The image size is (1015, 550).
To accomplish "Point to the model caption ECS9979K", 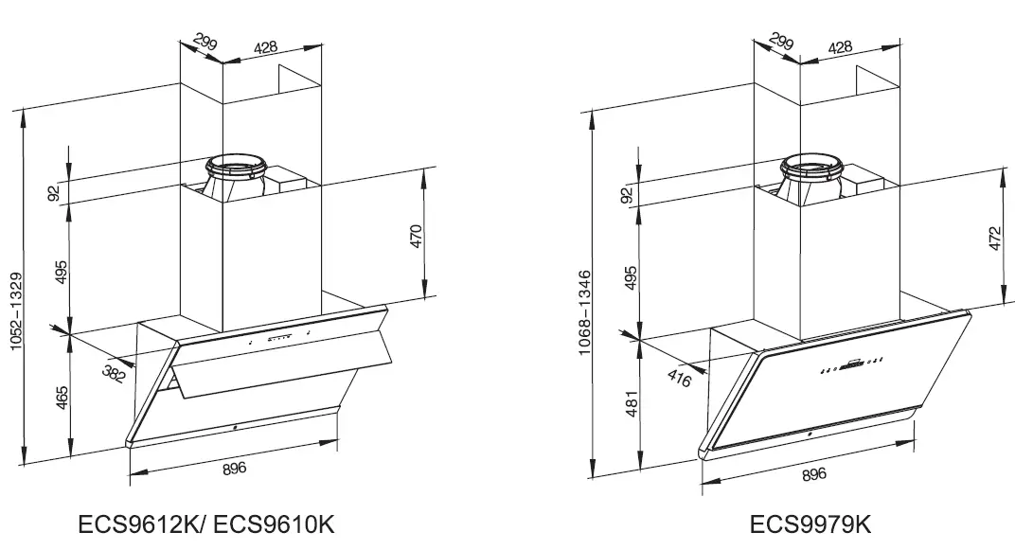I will click(x=810, y=523).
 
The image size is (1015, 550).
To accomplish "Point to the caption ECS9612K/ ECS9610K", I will click(x=207, y=523).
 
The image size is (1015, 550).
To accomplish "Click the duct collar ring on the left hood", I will click(x=234, y=168).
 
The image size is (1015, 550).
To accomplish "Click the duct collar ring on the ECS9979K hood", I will click(x=810, y=169).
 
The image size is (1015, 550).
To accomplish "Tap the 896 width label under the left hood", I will click(x=234, y=468).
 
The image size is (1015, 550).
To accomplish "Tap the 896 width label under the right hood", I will click(x=813, y=473).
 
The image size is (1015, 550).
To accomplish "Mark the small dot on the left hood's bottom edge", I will click(x=233, y=428).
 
